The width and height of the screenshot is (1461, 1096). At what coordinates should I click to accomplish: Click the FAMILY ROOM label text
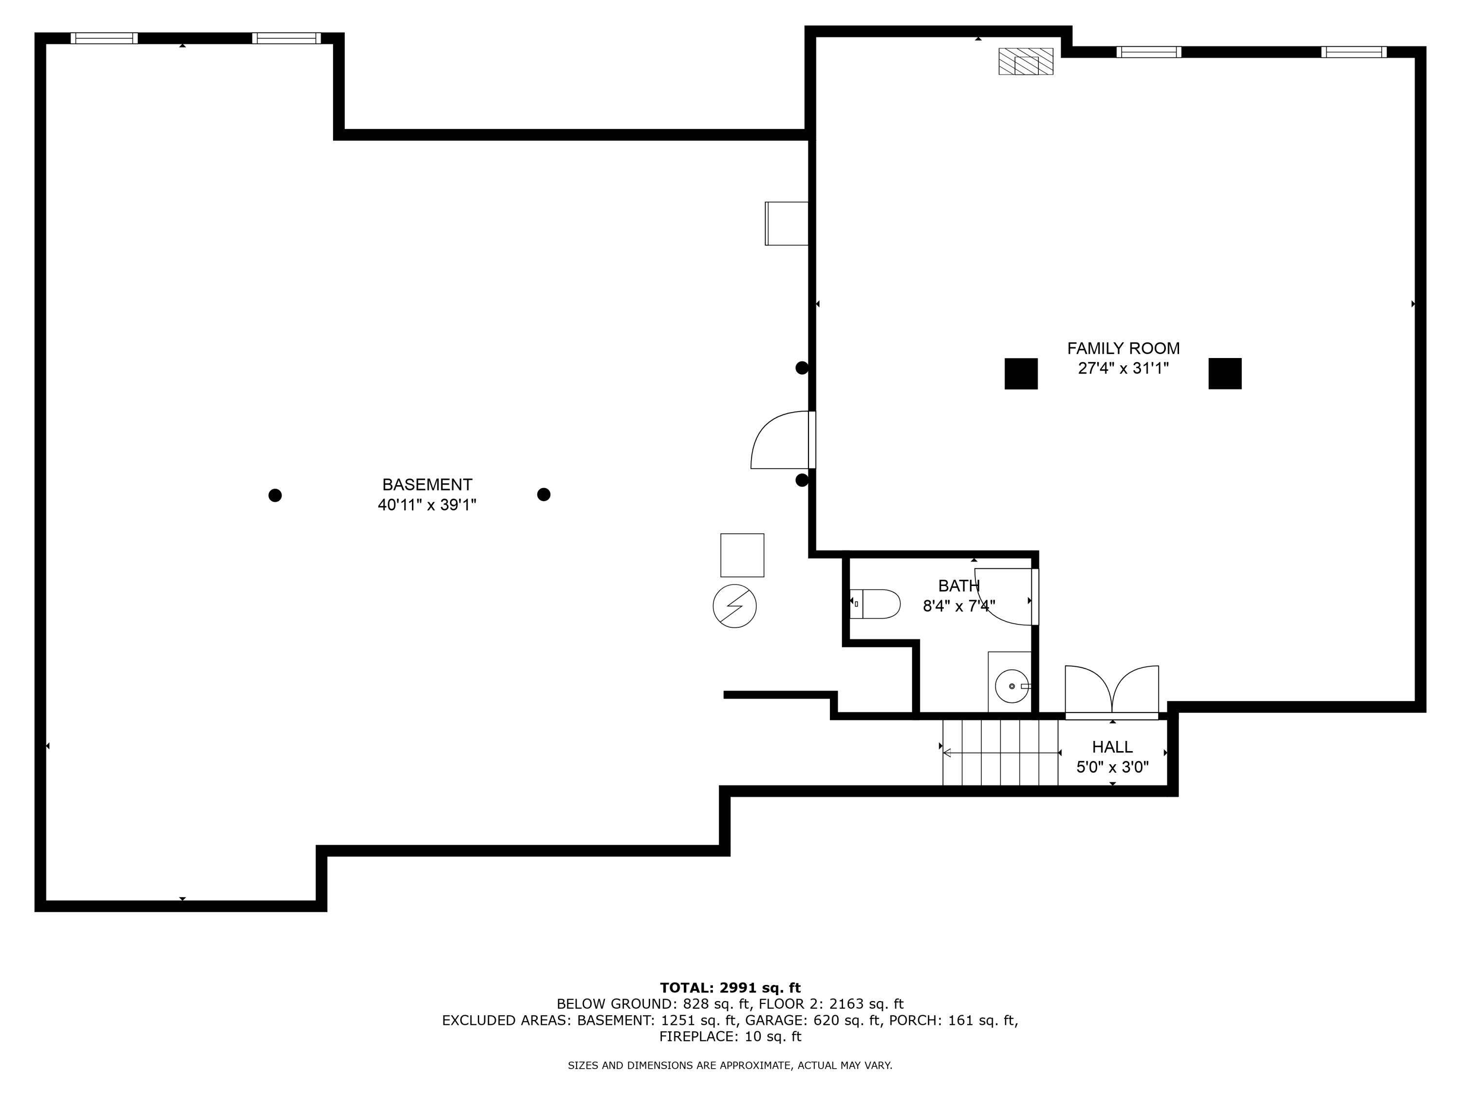(x=1123, y=348)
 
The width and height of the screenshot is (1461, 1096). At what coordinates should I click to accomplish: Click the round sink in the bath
(x=1011, y=686)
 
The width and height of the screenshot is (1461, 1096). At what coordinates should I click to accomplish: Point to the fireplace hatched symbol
(x=1025, y=61)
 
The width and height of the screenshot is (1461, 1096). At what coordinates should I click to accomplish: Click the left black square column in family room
(x=1020, y=374)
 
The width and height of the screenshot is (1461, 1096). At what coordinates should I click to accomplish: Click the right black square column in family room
(x=1224, y=374)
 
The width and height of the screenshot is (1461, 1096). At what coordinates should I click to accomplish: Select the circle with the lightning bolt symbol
(x=734, y=606)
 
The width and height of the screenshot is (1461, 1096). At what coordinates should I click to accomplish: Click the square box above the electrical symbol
(x=742, y=555)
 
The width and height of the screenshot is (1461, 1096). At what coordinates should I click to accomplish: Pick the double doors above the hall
(x=1112, y=691)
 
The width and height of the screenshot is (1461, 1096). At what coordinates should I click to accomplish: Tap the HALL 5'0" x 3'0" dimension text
(x=1112, y=767)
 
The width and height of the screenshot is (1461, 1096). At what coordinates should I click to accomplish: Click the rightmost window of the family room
(x=1353, y=52)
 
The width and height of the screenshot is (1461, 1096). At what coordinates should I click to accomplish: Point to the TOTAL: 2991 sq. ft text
(x=730, y=988)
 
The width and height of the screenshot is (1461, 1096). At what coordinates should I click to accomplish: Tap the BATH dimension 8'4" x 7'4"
(x=958, y=606)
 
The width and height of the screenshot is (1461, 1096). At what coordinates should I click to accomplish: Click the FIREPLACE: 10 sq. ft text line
(x=730, y=1037)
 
